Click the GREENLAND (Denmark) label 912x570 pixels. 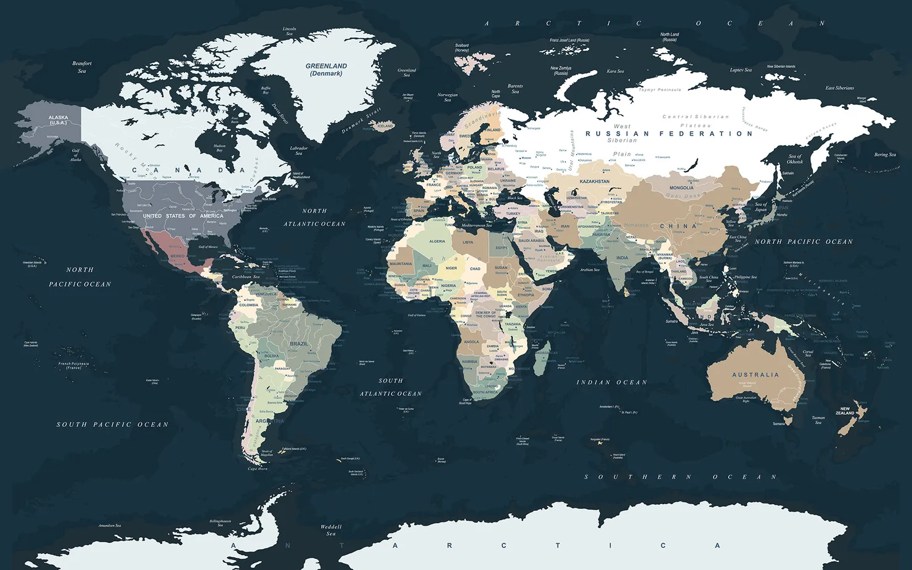pos(326,70)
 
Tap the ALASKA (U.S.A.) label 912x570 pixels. pos(59,120)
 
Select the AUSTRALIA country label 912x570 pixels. pos(755,375)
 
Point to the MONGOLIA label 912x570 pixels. pos(681,188)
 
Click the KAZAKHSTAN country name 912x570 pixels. pos(594,182)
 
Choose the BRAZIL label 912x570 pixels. pos(299,344)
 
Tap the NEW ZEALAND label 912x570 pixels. pos(845,410)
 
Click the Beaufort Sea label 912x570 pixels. pos(82,67)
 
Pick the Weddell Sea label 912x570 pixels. pos(331,530)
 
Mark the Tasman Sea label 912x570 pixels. pos(818,420)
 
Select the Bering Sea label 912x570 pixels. pos(885,155)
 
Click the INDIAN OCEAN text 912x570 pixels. pos(611,383)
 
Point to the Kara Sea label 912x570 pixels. pos(615,71)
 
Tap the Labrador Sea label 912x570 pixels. pos(299,150)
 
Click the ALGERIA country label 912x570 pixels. pos(437,242)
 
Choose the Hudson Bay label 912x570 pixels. pos(219,148)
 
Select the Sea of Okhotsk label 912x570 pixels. pos(795,159)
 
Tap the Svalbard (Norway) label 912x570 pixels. pos(462,47)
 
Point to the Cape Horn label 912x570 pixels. pos(258,469)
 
